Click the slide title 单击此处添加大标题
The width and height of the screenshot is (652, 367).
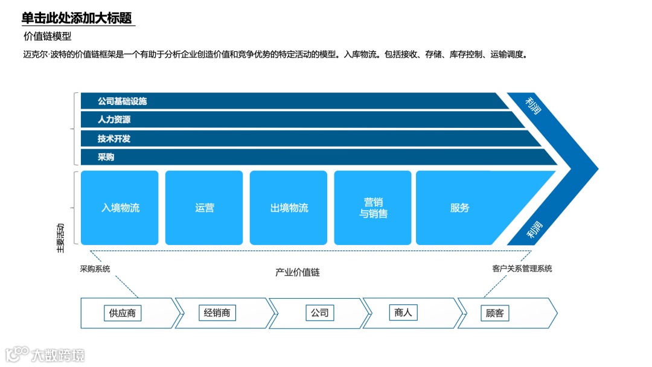point(77,18)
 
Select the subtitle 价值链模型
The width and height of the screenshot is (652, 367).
point(47,37)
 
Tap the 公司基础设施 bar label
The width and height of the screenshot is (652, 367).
point(122,101)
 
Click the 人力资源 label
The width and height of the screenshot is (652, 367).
point(114,120)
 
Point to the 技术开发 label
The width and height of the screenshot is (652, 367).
point(114,138)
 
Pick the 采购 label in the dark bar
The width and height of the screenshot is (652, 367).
point(106,157)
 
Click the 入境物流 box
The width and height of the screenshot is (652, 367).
point(120,208)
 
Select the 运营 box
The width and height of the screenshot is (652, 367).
point(204,208)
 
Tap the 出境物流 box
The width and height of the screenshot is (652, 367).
point(289,208)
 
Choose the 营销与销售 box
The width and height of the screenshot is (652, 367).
point(373,208)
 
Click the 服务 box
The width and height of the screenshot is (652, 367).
point(459,208)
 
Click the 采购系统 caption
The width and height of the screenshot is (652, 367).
point(95,269)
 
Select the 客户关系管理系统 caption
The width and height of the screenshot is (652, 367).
point(522,269)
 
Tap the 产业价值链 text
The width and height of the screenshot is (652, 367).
point(298,272)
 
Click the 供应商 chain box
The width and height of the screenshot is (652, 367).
point(123,313)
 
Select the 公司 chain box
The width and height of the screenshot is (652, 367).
point(319,313)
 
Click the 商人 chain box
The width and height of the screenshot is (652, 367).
point(403,313)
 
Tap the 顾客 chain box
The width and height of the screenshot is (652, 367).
point(494,313)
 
